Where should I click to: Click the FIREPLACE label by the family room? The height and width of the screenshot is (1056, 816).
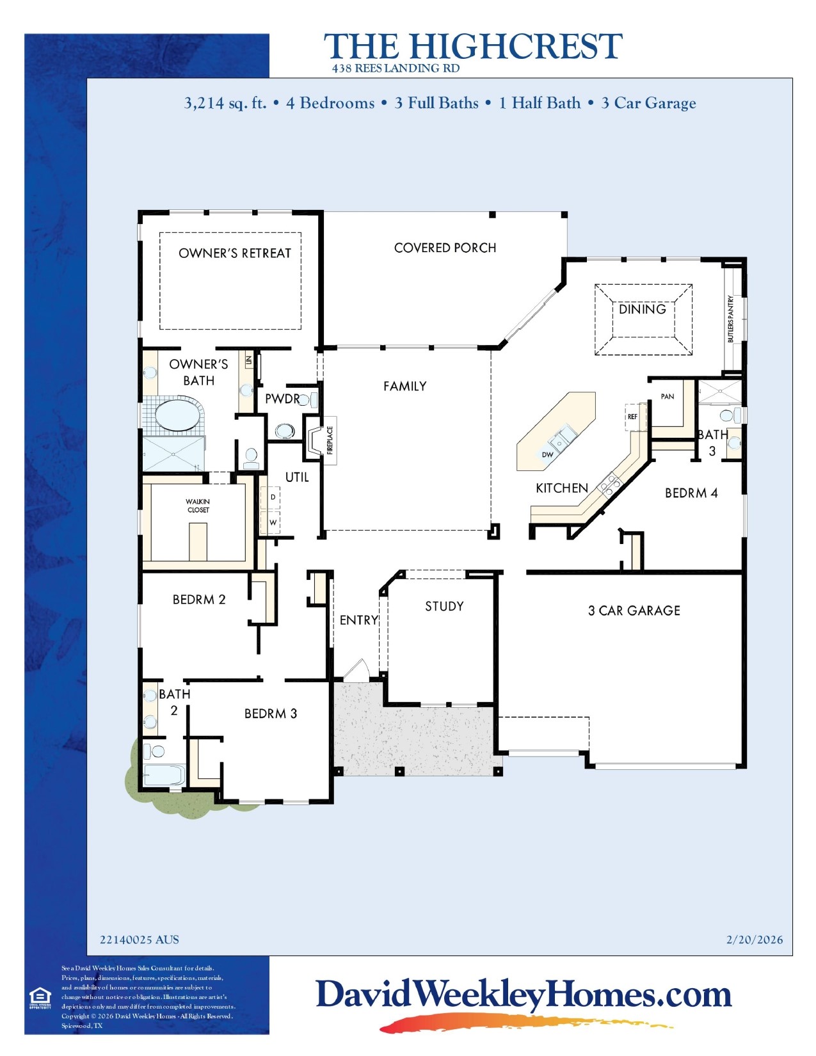pyautogui.click(x=330, y=440)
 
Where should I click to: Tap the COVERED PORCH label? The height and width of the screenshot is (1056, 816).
pyautogui.click(x=445, y=248)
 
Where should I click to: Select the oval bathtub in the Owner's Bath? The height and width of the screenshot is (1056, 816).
pyautogui.click(x=177, y=415)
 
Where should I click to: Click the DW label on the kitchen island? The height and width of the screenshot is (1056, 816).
pyautogui.click(x=547, y=454)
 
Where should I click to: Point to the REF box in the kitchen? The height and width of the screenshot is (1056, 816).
pyautogui.click(x=632, y=417)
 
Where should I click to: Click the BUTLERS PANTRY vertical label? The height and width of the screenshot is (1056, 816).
pyautogui.click(x=731, y=319)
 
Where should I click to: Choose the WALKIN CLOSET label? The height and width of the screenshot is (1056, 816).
pyautogui.click(x=198, y=506)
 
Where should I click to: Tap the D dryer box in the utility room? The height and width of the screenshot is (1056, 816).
pyautogui.click(x=273, y=497)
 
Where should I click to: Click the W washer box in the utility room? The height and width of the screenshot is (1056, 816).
pyautogui.click(x=273, y=522)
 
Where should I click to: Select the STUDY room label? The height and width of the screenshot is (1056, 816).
pyautogui.click(x=444, y=606)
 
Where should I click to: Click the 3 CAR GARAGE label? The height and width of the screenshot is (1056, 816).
pyautogui.click(x=634, y=611)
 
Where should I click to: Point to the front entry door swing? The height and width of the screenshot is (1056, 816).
pyautogui.click(x=356, y=671)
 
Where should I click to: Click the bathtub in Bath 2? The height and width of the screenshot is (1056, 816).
pyautogui.click(x=164, y=775)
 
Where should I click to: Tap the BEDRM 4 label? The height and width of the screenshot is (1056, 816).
pyautogui.click(x=691, y=493)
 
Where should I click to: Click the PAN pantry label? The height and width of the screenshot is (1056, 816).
pyautogui.click(x=667, y=397)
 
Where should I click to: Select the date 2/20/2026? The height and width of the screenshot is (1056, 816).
pyautogui.click(x=754, y=940)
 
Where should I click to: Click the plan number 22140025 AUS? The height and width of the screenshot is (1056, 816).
pyautogui.click(x=140, y=940)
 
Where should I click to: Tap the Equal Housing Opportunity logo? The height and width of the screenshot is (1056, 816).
pyautogui.click(x=40, y=998)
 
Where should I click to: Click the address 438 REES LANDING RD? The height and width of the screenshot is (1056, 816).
pyautogui.click(x=396, y=68)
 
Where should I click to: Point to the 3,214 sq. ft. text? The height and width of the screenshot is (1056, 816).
pyautogui.click(x=225, y=103)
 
